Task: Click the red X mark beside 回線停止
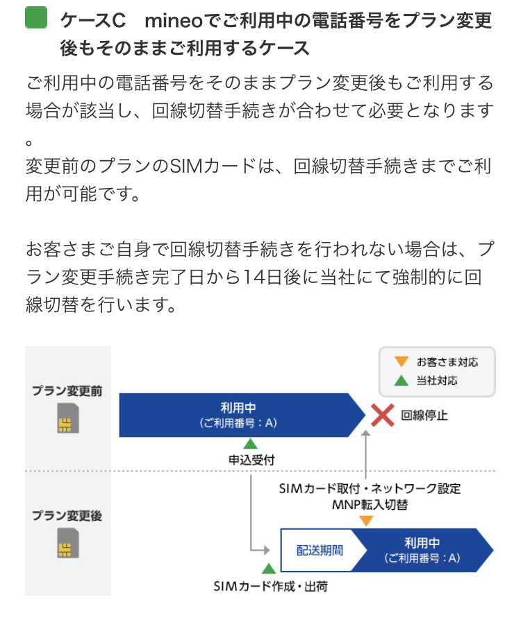381,415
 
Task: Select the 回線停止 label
424,416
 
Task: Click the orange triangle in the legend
401,362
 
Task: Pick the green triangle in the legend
401,381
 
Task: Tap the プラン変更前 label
67,391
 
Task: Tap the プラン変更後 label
67,516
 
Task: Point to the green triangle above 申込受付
250,444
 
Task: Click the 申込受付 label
250,459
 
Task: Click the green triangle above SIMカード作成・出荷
267,569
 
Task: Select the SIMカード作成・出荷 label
270,587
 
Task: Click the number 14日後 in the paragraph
269,276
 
